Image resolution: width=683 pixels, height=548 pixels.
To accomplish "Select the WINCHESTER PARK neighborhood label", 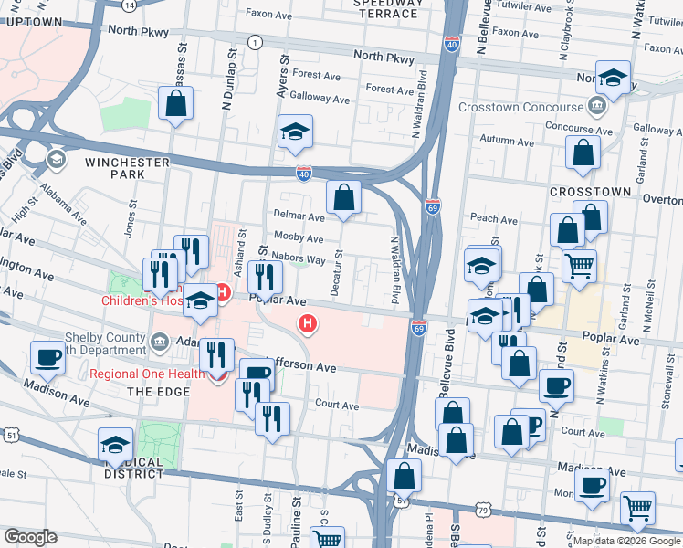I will click(x=128, y=168).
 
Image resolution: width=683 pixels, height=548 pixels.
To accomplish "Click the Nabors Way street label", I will click(x=299, y=260).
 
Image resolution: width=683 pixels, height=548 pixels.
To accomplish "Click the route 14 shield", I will click(x=130, y=5).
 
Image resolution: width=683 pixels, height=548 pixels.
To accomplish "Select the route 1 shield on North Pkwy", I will click(x=255, y=42).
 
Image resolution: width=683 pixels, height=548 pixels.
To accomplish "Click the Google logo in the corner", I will click(x=31, y=537).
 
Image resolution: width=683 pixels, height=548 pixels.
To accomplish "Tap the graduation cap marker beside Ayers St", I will click(x=295, y=132).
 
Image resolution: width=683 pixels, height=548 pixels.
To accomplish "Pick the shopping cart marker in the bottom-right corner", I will click(x=637, y=508).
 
